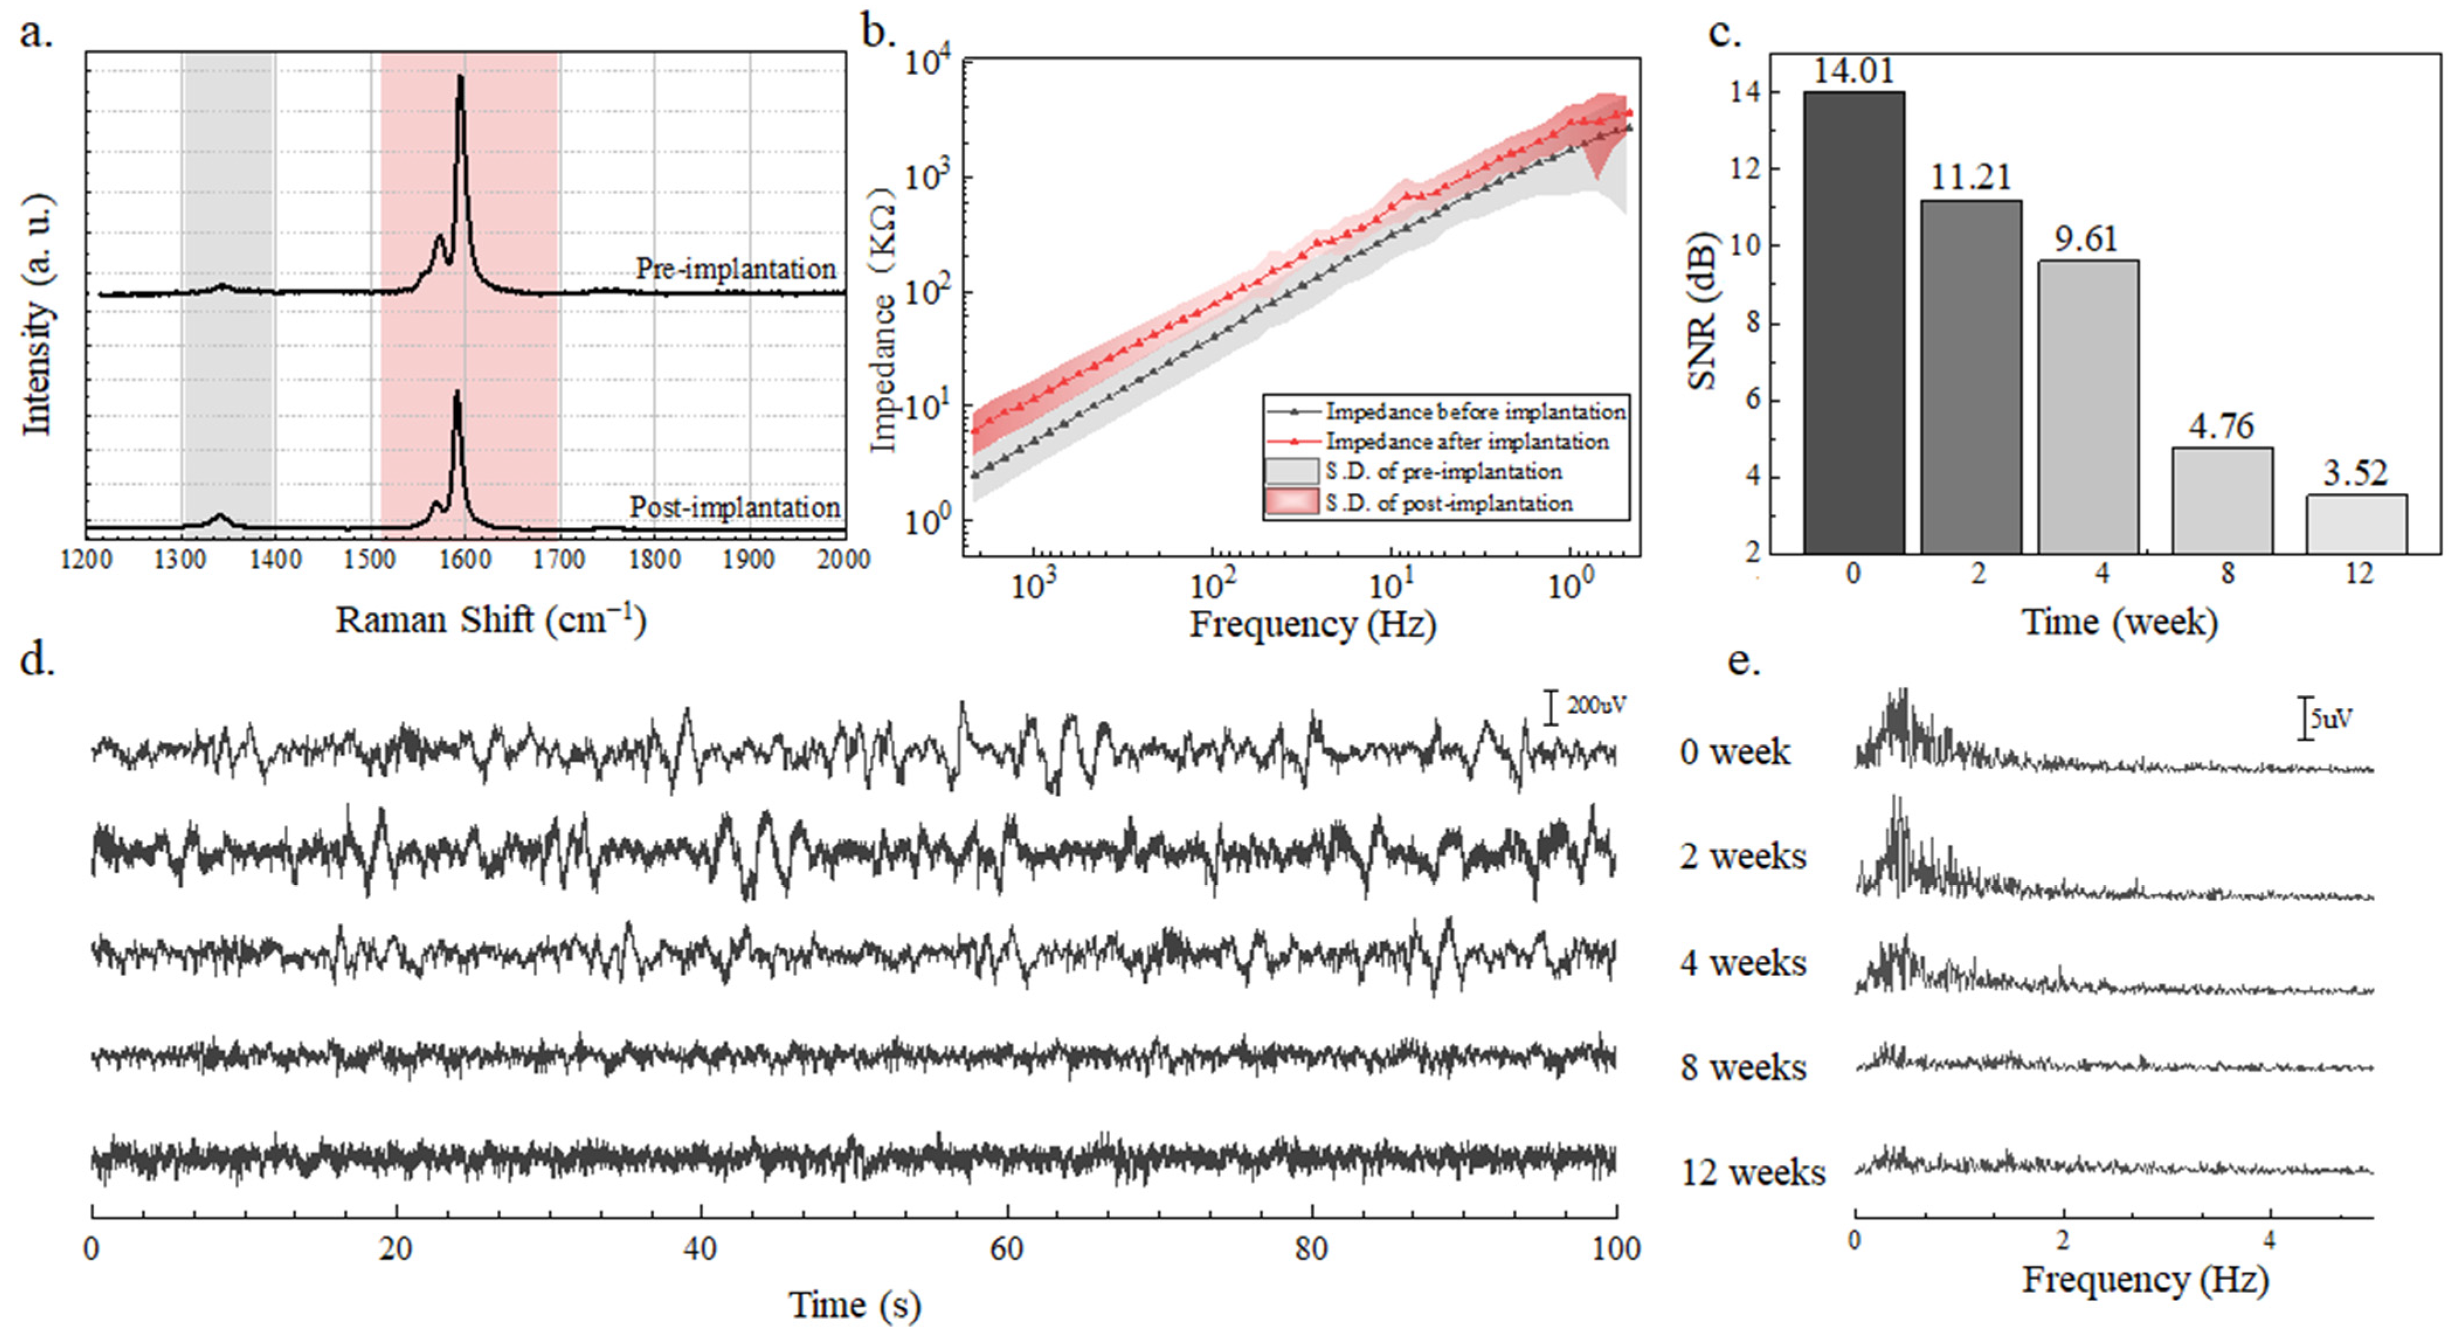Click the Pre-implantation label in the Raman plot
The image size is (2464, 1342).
735,269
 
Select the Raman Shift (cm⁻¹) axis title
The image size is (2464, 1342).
490,620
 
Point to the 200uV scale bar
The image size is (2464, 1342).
1551,707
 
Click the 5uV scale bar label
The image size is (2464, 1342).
2331,718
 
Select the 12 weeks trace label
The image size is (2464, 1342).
1753,1172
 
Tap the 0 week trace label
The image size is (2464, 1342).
1734,752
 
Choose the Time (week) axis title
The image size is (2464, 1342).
2119,622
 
